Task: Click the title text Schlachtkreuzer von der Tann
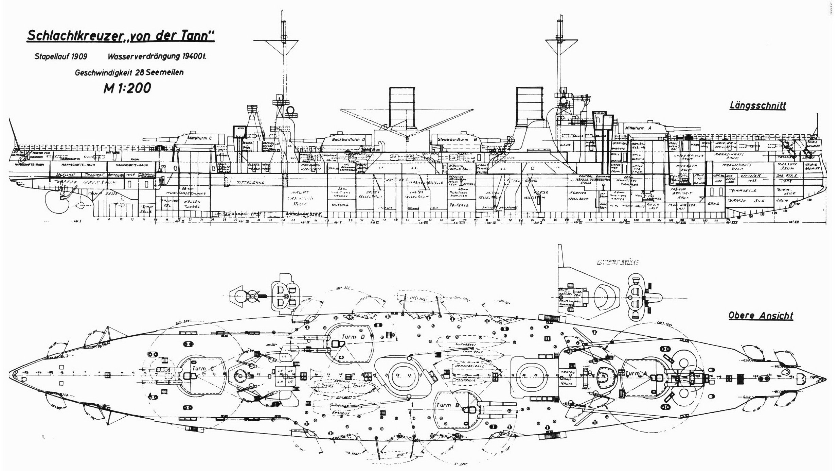121,36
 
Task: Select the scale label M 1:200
127,88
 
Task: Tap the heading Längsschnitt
757,106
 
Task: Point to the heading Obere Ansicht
761,316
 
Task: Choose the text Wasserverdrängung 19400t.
157,56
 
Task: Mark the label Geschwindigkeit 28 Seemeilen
129,72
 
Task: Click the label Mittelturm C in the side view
199,138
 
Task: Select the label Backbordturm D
348,139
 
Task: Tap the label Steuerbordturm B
457,139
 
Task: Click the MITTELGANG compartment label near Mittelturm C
251,183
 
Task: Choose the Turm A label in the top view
632,373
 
